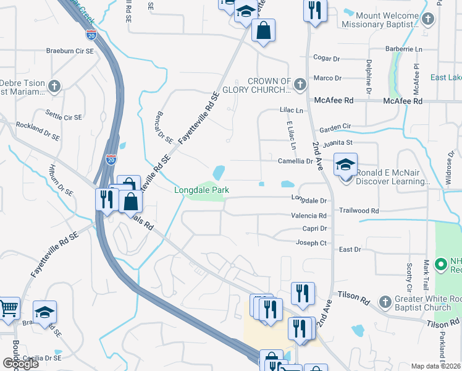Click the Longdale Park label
(201, 190)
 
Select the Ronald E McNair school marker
(346, 166)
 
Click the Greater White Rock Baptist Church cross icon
(385, 302)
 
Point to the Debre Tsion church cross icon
(54, 87)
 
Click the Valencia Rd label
(309, 216)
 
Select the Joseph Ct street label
(311, 243)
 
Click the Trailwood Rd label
(359, 211)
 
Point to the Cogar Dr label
(327, 59)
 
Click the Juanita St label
(341, 142)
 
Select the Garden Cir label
(335, 126)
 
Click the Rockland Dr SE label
(38, 130)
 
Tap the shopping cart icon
(8, 308)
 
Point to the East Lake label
(445, 77)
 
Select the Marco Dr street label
(327, 78)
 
